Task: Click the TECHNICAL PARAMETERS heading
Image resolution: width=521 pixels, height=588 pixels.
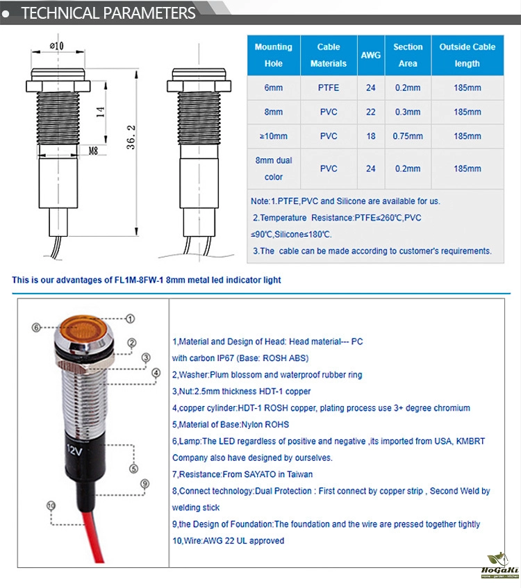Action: [x=108, y=13]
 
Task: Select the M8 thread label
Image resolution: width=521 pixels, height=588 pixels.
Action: [x=92, y=149]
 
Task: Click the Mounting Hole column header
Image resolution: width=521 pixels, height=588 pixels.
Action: [x=274, y=55]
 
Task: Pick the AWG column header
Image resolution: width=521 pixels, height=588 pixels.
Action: [x=371, y=55]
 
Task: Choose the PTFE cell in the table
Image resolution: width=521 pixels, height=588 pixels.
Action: [x=329, y=88]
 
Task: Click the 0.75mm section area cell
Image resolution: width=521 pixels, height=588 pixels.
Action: [x=408, y=136]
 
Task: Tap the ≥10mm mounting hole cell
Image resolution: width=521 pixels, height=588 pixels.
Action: [x=274, y=136]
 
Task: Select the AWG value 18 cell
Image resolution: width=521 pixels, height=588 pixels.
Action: [x=371, y=136]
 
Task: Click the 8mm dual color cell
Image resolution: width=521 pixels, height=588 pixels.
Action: [x=274, y=168]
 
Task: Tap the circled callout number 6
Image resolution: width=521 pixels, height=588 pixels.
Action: [x=37, y=326]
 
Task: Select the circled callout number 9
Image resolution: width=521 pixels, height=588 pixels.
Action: [x=144, y=484]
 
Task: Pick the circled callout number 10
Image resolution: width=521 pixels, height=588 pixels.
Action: [x=50, y=505]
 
